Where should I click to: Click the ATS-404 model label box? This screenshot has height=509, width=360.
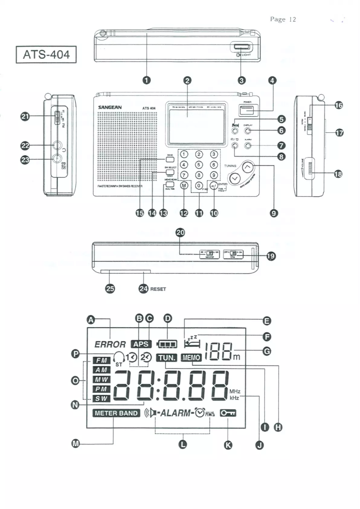coord(44,55)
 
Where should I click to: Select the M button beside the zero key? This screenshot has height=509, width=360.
coord(184,185)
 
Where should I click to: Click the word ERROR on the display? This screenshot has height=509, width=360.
coord(110,344)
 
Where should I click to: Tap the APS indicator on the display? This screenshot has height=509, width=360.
coord(141,344)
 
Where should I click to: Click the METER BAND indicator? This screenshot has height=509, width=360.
coord(117,413)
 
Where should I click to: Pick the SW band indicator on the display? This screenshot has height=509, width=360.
coord(102,398)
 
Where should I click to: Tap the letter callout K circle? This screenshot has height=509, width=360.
coord(229,444)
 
